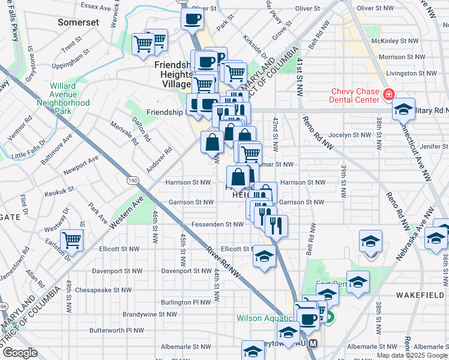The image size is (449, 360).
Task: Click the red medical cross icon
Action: pos(388,95)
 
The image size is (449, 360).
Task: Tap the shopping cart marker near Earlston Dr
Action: pos(72,239)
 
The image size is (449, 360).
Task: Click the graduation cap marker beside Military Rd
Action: pos(403,109)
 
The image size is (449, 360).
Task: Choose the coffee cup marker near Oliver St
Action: pos(192,18)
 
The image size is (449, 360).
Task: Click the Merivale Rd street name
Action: pos(124,134)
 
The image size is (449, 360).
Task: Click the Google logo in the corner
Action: pos(20,353)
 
